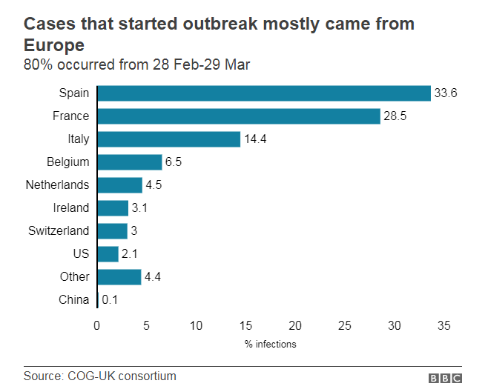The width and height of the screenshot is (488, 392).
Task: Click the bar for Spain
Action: click(x=263, y=93)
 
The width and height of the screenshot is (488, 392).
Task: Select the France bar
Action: click(x=238, y=116)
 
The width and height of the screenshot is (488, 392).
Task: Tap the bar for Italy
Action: click(x=168, y=139)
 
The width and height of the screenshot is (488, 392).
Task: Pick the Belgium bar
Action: click(x=129, y=162)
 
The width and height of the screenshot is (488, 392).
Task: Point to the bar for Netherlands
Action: click(x=119, y=185)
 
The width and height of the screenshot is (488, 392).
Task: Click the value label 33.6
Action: click(x=445, y=93)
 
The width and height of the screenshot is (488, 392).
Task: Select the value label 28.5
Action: click(x=395, y=116)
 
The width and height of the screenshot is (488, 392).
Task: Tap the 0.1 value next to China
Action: click(x=109, y=300)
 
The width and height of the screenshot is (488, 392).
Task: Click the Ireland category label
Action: click(x=71, y=207)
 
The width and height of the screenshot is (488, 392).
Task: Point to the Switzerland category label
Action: click(x=59, y=230)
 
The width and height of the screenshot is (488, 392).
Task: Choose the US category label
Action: click(x=81, y=253)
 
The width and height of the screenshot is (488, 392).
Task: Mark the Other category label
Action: click(x=75, y=276)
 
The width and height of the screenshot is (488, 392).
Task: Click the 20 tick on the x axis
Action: click(x=295, y=325)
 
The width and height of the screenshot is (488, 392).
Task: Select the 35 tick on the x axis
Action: click(x=444, y=325)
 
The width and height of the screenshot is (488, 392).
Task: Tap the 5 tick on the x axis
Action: click(x=147, y=325)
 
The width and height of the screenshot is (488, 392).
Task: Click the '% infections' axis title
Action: click(x=271, y=344)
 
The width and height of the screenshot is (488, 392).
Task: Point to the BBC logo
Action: click(x=444, y=377)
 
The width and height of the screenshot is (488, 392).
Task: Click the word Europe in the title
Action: click(x=53, y=44)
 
